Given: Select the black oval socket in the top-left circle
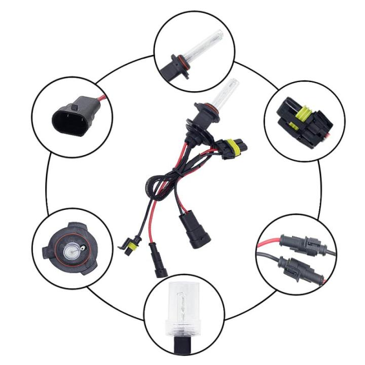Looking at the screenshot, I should [66, 120].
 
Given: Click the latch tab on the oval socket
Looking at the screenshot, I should [74, 107].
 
